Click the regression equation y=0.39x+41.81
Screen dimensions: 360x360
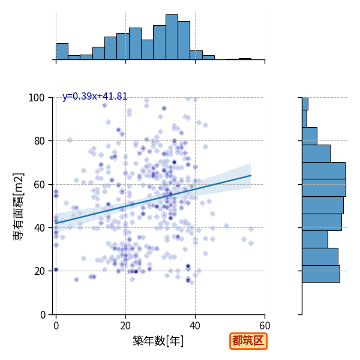95,96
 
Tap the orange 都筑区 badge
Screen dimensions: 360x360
248,341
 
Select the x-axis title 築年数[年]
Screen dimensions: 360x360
158,341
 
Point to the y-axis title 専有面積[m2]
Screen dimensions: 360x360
19,206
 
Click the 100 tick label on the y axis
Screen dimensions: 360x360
36,98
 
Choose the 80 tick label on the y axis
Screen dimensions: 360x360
39,141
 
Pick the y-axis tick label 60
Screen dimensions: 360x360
39,185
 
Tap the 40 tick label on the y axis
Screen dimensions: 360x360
39,228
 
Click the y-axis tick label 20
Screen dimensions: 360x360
39,271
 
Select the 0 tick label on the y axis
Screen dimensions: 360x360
43,315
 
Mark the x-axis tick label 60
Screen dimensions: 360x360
265,326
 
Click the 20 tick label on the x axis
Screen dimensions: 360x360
125,326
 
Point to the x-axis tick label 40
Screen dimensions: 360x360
195,326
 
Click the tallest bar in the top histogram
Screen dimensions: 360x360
172,37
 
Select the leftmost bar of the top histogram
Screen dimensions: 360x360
62,52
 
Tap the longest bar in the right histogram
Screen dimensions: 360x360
324,188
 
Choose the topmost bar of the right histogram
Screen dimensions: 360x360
305,104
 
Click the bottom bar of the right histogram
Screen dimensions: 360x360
321,274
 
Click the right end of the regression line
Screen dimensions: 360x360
251,175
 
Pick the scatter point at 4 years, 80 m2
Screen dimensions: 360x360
70,140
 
